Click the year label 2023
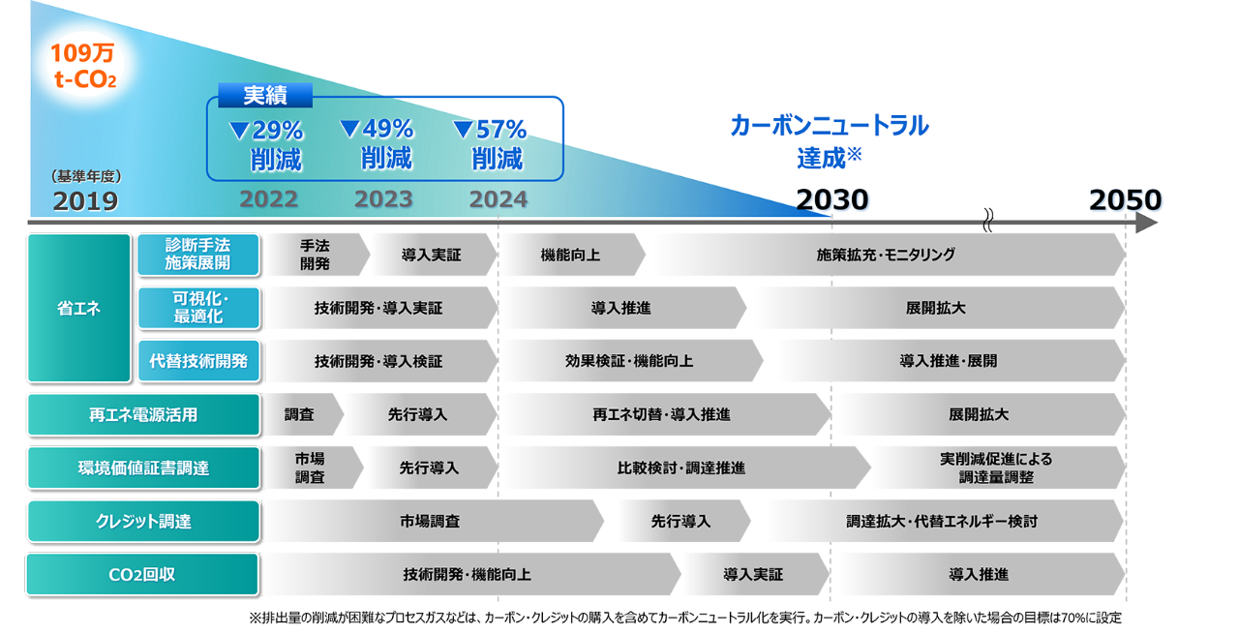point(383,199)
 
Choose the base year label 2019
point(85,200)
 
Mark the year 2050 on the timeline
point(1126,199)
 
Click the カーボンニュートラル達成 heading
point(830,140)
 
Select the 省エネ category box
point(79,308)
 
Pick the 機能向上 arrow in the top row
point(571,255)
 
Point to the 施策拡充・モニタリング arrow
point(886,255)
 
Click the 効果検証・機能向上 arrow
point(629,361)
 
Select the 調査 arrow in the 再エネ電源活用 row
point(300,414)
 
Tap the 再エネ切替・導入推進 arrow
point(662,414)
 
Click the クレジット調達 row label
point(143,521)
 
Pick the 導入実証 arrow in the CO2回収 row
point(753,574)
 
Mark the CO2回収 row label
point(143,574)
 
